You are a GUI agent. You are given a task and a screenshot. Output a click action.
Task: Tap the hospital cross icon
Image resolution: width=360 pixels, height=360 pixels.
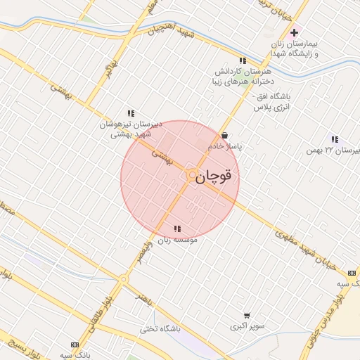point(294,33)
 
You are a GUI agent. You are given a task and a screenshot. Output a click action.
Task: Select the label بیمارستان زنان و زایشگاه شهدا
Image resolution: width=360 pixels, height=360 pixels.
point(296,49)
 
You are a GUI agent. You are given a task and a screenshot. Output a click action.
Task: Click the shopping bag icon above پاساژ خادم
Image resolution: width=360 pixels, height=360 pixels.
point(224,136)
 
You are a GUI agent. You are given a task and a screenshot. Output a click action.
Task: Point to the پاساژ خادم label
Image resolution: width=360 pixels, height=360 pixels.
point(225,146)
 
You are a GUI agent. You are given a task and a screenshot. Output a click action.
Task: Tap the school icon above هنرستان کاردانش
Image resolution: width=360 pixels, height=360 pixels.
point(243,60)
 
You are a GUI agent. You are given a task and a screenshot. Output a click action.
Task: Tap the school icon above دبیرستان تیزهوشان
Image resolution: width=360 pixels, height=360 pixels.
point(131,112)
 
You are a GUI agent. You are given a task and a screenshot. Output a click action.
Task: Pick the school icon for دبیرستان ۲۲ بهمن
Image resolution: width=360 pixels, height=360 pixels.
point(334,139)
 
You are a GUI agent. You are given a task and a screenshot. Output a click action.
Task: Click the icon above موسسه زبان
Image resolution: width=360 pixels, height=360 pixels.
point(177,229)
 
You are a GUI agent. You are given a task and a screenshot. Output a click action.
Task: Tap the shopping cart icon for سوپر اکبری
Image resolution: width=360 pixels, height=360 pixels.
point(246,316)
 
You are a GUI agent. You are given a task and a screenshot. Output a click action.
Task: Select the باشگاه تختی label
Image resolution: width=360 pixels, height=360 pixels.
point(160,328)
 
